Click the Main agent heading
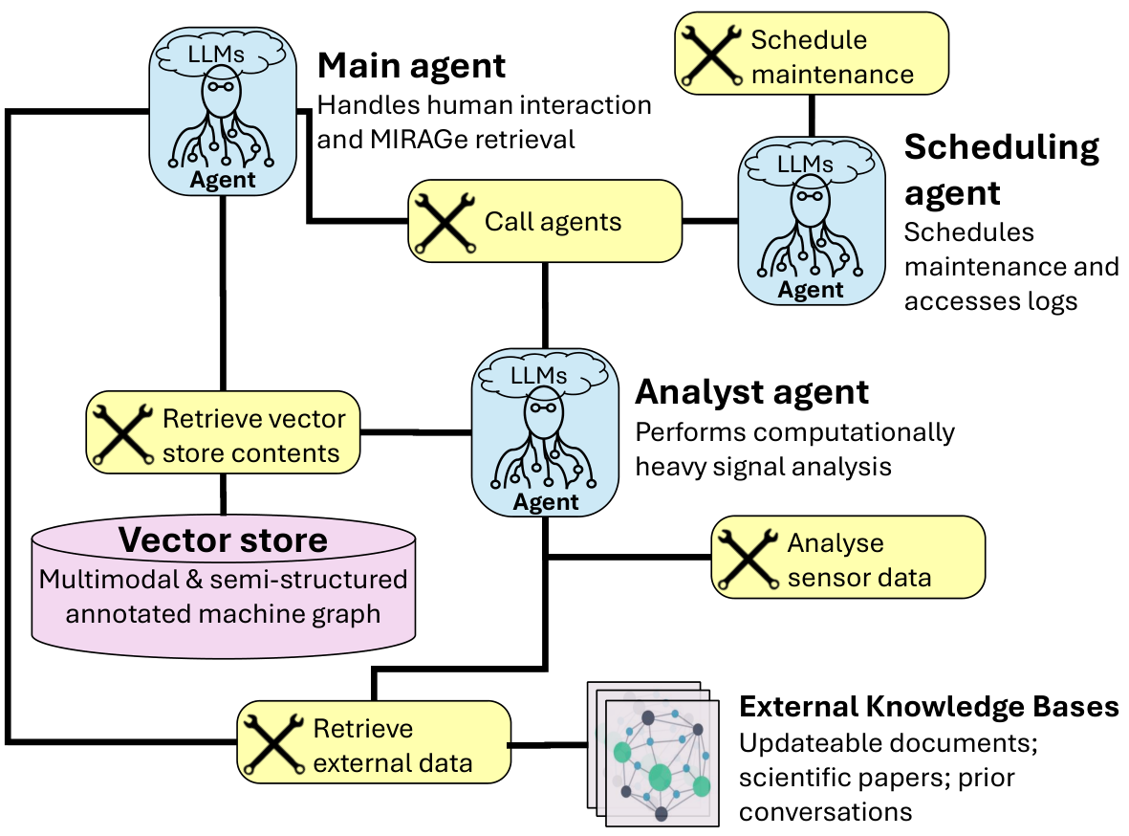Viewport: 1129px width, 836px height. click(x=411, y=66)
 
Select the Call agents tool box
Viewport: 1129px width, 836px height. click(x=545, y=221)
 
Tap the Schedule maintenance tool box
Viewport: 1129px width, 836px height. click(x=812, y=54)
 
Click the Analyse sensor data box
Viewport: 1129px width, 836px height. click(x=848, y=557)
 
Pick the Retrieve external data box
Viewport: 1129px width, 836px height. click(x=374, y=742)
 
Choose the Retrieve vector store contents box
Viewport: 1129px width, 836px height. click(x=223, y=432)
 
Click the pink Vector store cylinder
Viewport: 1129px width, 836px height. click(x=223, y=587)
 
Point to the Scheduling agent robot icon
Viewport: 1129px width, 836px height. click(x=812, y=221)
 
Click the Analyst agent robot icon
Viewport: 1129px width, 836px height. click(x=545, y=432)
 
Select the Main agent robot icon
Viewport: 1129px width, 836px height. click(x=223, y=112)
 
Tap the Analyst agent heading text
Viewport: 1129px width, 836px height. click(x=751, y=393)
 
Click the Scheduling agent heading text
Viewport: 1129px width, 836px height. click(x=1002, y=170)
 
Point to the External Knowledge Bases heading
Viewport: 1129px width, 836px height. click(x=929, y=707)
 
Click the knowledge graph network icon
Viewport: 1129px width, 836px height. click(x=654, y=754)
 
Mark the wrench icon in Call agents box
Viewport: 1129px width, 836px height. click(x=445, y=222)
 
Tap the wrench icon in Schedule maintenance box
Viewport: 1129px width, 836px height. click(x=711, y=55)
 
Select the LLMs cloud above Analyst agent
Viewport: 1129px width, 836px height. click(x=545, y=376)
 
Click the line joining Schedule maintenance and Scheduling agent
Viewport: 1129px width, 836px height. click(x=813, y=116)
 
